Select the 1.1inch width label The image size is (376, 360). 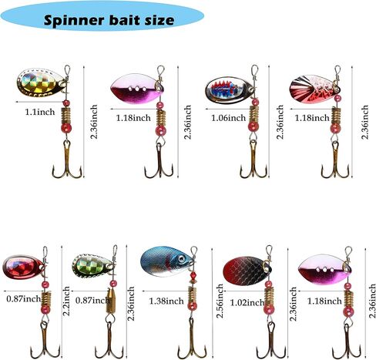(x=40, y=112)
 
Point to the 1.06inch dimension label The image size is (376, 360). (x=229, y=118)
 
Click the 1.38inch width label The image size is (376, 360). (x=166, y=301)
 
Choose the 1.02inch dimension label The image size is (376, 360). (x=247, y=303)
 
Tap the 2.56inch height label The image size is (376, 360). (x=220, y=301)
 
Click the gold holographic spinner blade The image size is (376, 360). (x=41, y=82)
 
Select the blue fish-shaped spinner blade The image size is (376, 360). (x=166, y=261)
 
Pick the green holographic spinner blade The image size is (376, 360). (x=92, y=267)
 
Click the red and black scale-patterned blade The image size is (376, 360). (x=247, y=271)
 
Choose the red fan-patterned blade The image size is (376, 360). (x=314, y=89)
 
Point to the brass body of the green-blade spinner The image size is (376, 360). (x=111, y=301)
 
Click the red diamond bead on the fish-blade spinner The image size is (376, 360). (x=193, y=278)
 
